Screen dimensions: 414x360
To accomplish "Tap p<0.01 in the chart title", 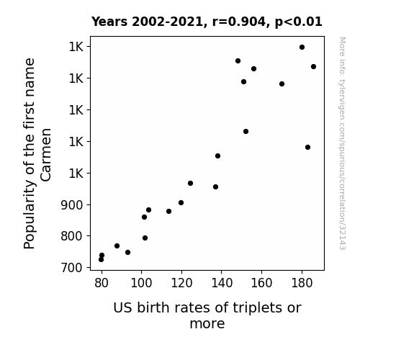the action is [298, 22].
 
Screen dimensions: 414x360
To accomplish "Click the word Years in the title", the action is [109, 22].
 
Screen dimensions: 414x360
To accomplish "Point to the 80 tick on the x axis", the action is [102, 283].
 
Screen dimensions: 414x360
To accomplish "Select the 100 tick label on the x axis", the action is [142, 283].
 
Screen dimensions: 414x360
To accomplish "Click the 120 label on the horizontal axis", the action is [181, 283].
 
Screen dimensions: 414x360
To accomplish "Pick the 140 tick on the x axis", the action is [222, 283].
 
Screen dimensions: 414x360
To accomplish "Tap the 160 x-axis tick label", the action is [261, 283].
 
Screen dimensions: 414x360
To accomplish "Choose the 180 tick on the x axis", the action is [302, 283].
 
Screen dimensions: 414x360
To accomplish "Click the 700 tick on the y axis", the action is [72, 268].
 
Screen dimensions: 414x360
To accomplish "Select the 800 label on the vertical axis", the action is [72, 236].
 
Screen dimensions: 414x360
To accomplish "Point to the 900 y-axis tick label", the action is [72, 204].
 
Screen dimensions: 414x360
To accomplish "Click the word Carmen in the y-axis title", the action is [46, 155].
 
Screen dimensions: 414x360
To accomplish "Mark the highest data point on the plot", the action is [302, 48].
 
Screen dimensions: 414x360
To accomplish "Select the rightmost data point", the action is [313, 66].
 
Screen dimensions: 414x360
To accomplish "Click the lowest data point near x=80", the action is [101, 260].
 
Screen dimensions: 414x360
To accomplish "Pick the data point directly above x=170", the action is [282, 84].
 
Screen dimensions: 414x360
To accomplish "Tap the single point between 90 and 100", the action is [127, 253].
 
